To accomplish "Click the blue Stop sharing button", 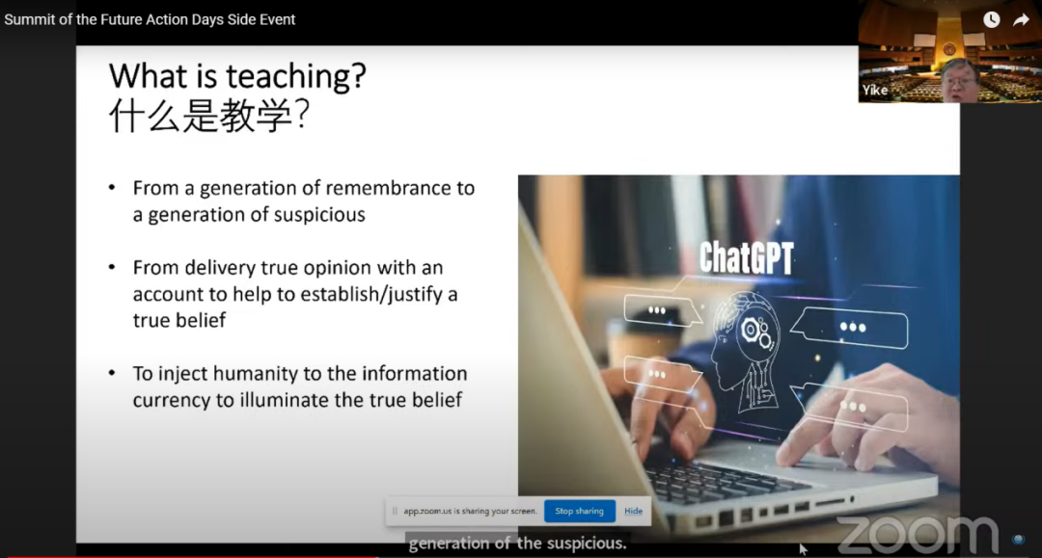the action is [x=580, y=511].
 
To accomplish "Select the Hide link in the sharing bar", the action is [x=633, y=511].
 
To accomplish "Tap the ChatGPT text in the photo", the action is [x=746, y=257].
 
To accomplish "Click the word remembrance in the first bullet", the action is [x=388, y=189].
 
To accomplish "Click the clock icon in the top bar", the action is [x=991, y=20].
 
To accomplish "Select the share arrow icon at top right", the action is [x=1022, y=20].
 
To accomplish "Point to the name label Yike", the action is [x=874, y=91].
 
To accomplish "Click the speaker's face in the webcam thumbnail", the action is [x=959, y=81].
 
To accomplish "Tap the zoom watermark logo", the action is [x=918, y=534].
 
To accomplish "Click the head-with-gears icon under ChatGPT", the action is [x=746, y=352].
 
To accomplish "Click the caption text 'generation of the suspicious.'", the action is [x=517, y=544].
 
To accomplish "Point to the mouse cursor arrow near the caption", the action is [x=803, y=548].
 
